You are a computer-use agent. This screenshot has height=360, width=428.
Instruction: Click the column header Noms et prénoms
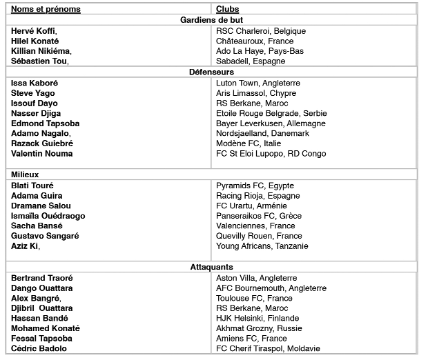(x=46, y=9)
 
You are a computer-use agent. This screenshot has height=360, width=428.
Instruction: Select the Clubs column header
(x=228, y=9)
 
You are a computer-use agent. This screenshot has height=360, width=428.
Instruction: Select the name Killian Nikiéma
(x=41, y=51)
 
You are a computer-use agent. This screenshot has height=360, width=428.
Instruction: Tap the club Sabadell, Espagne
(x=251, y=61)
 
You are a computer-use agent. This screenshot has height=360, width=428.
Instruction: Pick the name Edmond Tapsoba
(x=46, y=123)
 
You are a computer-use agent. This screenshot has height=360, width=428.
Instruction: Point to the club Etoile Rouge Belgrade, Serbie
(x=271, y=113)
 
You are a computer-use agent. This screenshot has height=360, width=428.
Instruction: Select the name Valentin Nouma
(x=41, y=154)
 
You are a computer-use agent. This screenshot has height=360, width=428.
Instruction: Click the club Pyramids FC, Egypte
(x=255, y=186)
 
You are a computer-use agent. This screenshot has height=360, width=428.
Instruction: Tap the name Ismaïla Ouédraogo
(x=48, y=216)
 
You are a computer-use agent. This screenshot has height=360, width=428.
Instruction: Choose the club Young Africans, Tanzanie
(x=262, y=246)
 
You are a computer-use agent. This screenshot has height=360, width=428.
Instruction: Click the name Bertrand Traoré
(x=42, y=278)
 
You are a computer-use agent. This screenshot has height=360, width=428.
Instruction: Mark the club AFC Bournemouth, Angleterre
(x=271, y=288)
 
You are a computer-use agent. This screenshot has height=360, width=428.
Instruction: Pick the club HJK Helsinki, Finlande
(x=257, y=319)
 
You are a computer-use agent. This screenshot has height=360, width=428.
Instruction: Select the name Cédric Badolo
(x=39, y=349)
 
